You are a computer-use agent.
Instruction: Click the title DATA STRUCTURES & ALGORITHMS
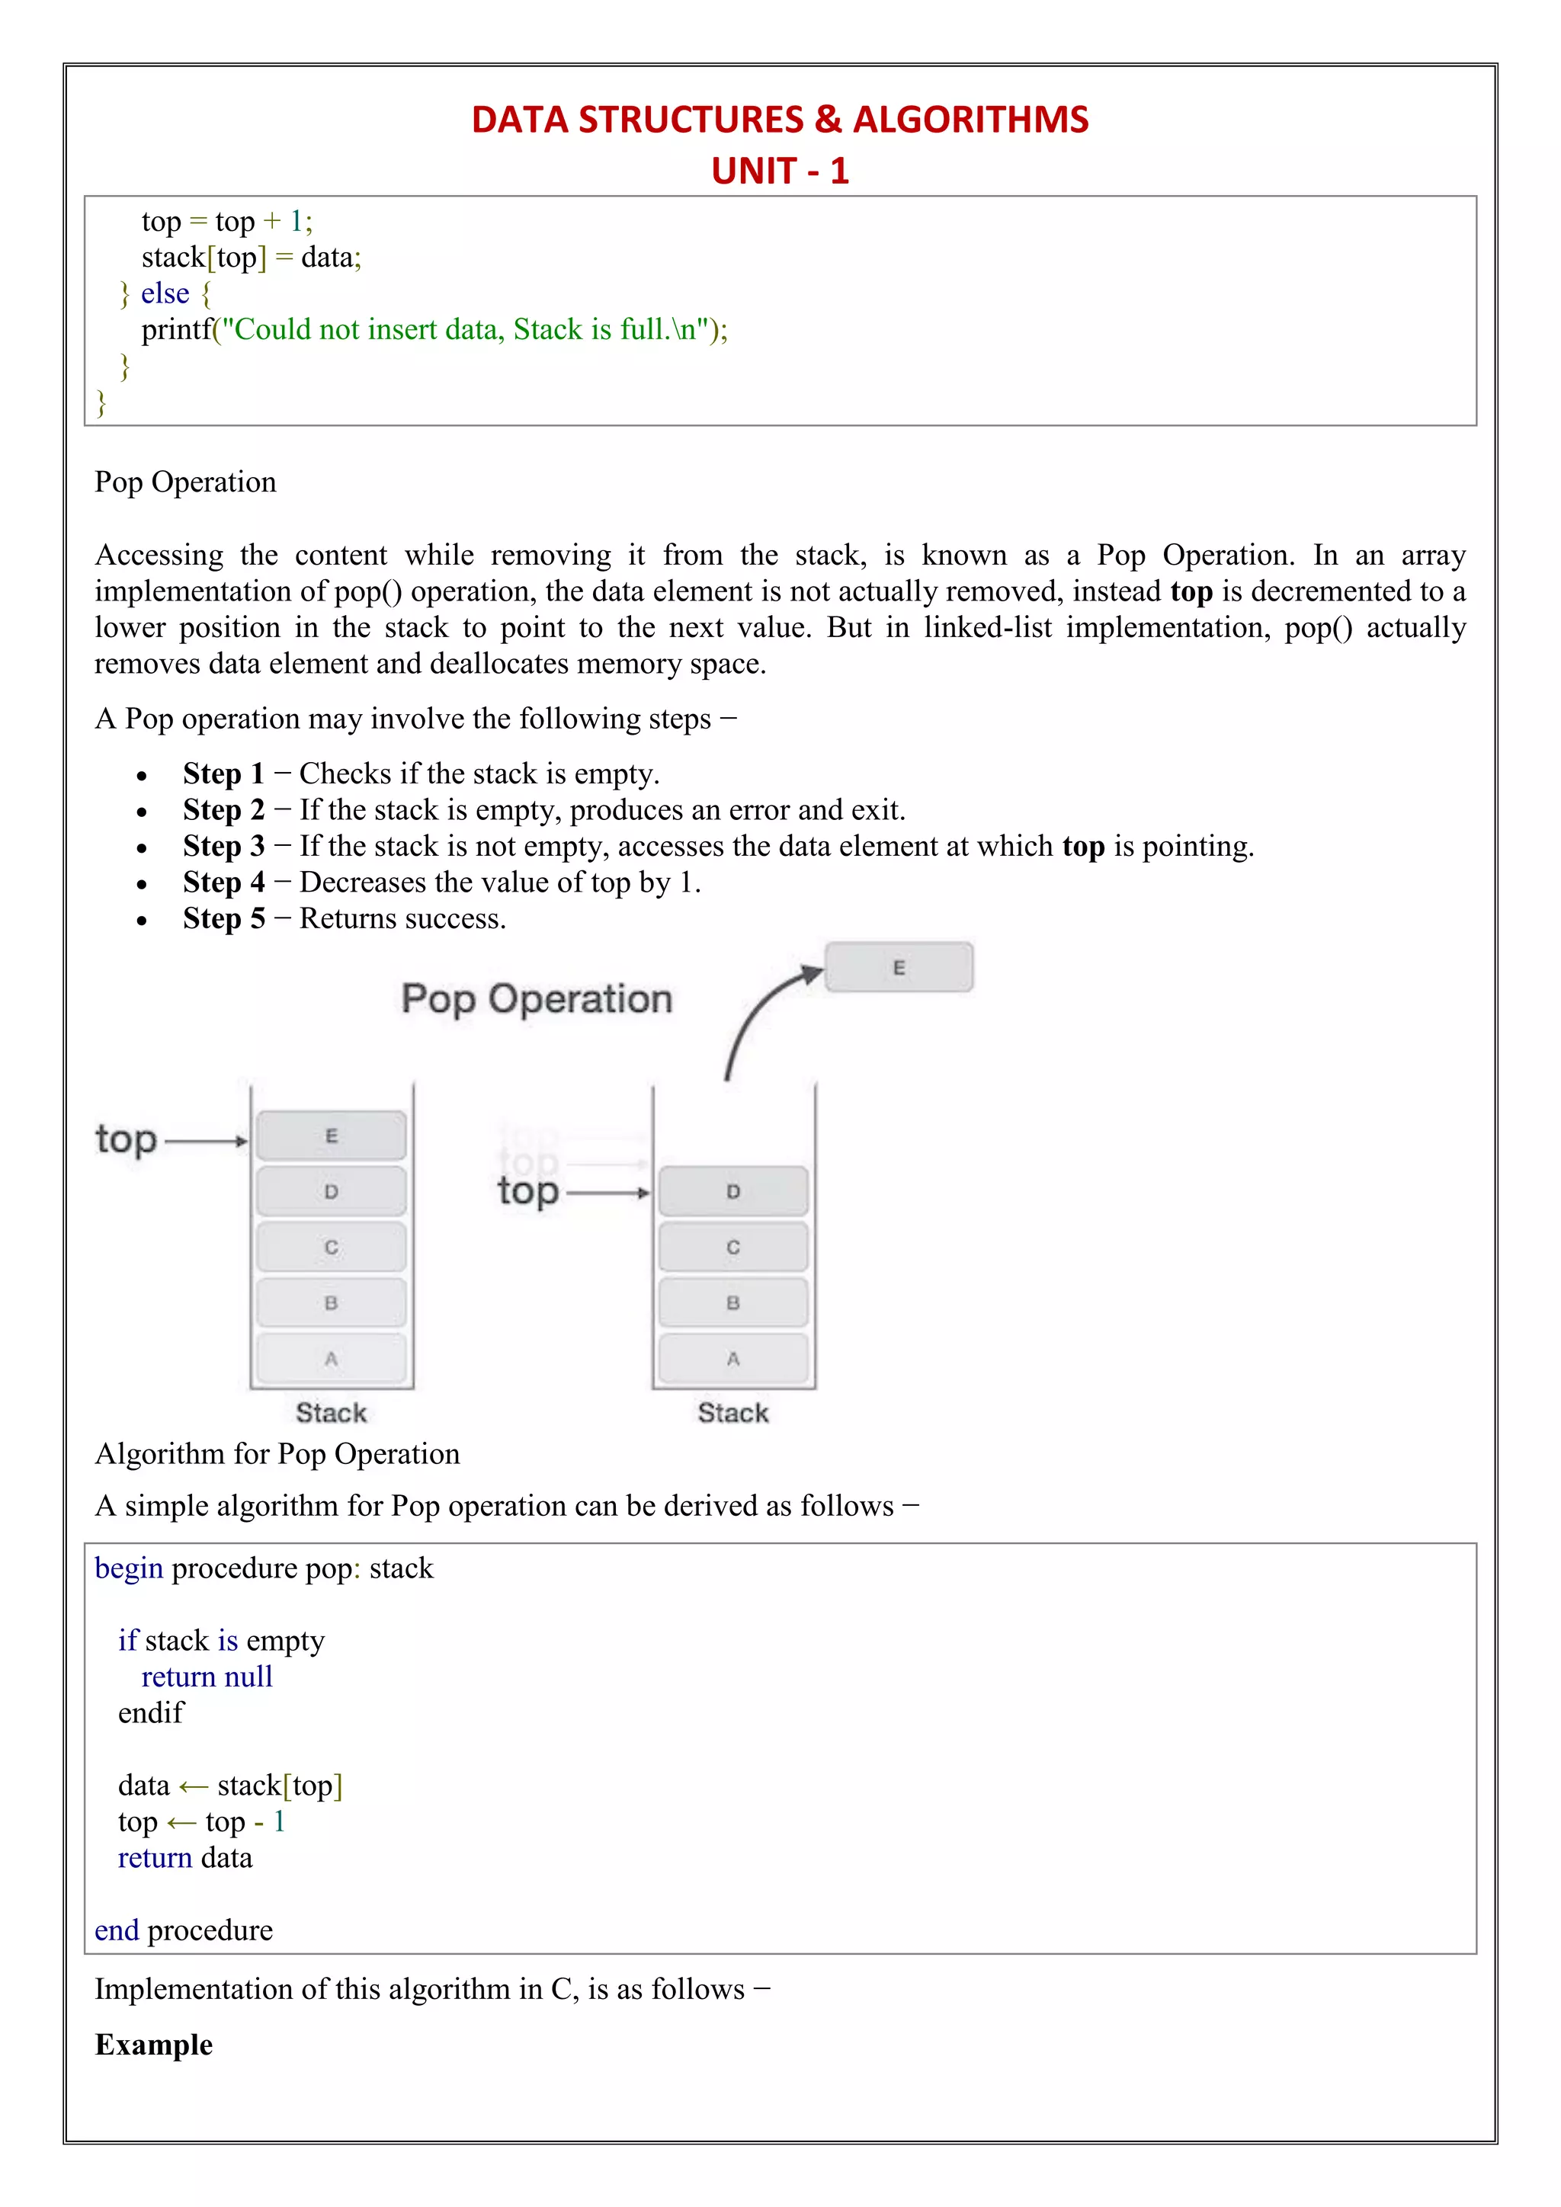780,119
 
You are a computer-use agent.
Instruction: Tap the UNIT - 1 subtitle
780,171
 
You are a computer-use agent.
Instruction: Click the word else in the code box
165,293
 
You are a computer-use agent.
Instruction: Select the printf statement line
434,330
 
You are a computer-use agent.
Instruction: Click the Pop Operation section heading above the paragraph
185,482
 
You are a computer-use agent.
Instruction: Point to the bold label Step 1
223,774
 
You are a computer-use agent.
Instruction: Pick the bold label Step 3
223,846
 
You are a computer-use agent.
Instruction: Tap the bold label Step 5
223,919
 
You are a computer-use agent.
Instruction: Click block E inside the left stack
332,1136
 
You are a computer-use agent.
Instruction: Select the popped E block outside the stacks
899,967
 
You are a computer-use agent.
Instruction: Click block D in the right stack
733,1192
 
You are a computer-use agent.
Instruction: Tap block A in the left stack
332,1358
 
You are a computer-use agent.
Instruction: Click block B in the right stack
733,1303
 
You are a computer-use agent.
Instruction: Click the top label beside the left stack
126,1140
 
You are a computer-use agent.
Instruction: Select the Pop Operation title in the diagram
537,999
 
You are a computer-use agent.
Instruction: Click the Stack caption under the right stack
733,1413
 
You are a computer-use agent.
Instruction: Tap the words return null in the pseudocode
207,1677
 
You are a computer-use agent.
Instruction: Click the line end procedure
184,1931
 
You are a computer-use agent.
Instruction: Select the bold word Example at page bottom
154,2045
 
